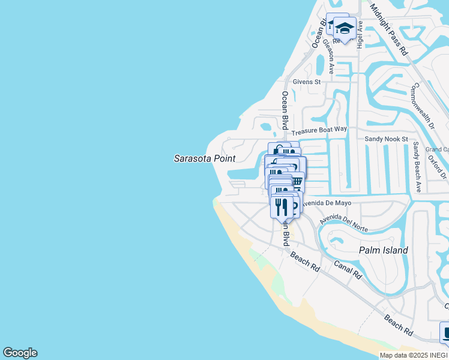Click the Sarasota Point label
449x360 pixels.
205,159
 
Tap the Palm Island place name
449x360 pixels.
383,250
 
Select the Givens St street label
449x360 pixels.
307,82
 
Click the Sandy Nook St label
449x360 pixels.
387,139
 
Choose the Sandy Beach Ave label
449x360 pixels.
416,167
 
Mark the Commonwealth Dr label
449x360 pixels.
422,106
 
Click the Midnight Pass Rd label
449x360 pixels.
388,29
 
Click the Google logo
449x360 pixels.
20,353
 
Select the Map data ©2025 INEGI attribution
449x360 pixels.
413,355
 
